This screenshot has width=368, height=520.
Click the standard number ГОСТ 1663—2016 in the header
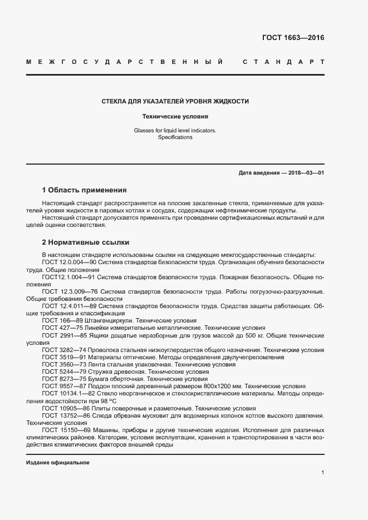pyautogui.click(x=293, y=38)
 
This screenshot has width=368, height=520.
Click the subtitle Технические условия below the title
pyautogui.click(x=175, y=117)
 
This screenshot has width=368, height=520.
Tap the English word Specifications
pyautogui.click(x=175, y=137)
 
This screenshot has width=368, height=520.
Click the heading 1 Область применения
pyautogui.click(x=84, y=190)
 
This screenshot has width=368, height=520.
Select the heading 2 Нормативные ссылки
pyautogui.click(x=85, y=242)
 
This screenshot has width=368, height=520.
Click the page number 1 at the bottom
pyautogui.click(x=322, y=472)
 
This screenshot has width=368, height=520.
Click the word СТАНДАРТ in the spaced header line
pyautogui.click(x=283, y=61)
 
